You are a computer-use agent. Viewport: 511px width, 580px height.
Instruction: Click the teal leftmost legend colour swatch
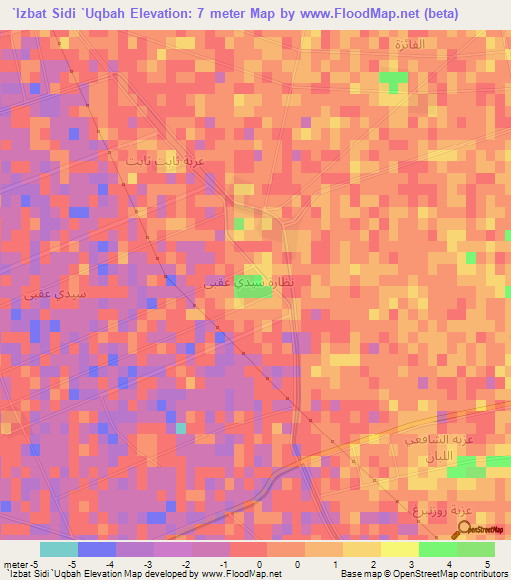(58, 549)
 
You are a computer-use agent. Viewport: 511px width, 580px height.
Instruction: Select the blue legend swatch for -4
(96, 549)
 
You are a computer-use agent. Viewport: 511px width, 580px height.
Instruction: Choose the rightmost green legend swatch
(475, 549)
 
